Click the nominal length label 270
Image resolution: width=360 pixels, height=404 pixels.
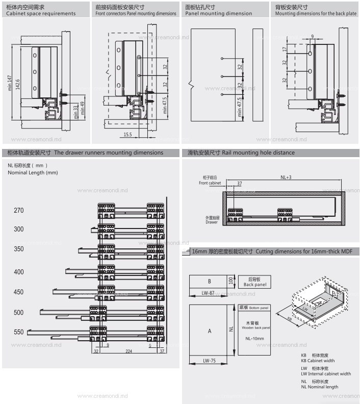(x=19, y=211)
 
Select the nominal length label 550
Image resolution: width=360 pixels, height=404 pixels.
(x=19, y=332)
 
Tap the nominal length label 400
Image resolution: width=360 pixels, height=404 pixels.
(x=19, y=272)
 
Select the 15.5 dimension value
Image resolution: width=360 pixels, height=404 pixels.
(x=127, y=134)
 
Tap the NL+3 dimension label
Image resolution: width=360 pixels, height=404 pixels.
(x=286, y=177)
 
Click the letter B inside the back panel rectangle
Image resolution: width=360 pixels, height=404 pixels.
(x=209, y=282)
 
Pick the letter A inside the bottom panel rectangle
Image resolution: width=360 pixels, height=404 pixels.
(x=209, y=331)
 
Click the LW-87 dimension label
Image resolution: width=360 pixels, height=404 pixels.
(x=208, y=293)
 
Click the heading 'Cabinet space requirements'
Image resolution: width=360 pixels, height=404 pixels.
(x=41, y=14)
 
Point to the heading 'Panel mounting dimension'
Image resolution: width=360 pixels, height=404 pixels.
(x=218, y=14)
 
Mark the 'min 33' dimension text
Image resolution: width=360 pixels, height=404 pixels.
(x=75, y=112)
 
